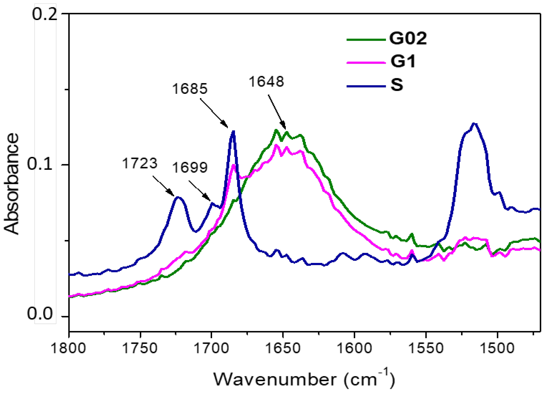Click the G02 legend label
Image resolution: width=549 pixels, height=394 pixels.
point(408,38)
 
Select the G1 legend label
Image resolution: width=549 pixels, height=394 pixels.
point(403,61)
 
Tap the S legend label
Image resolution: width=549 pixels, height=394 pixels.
point(397,85)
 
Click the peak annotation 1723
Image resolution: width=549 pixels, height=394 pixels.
point(140,163)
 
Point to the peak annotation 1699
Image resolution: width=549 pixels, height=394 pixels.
point(190,168)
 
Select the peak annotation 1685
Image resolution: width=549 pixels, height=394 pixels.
point(190,89)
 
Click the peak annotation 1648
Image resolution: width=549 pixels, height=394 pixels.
point(266,82)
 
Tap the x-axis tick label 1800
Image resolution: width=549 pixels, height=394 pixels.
point(68,348)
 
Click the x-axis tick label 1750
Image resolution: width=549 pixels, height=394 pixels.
point(140,348)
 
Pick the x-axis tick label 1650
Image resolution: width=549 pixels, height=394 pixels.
point(283,348)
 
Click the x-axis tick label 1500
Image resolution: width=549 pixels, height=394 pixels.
point(497,348)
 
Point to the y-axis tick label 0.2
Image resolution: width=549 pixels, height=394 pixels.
point(44,14)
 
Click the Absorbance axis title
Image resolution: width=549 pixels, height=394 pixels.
point(12,184)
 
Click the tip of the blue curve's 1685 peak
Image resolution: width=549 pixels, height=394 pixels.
point(233,131)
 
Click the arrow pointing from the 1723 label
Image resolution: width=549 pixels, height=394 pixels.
point(163,186)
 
